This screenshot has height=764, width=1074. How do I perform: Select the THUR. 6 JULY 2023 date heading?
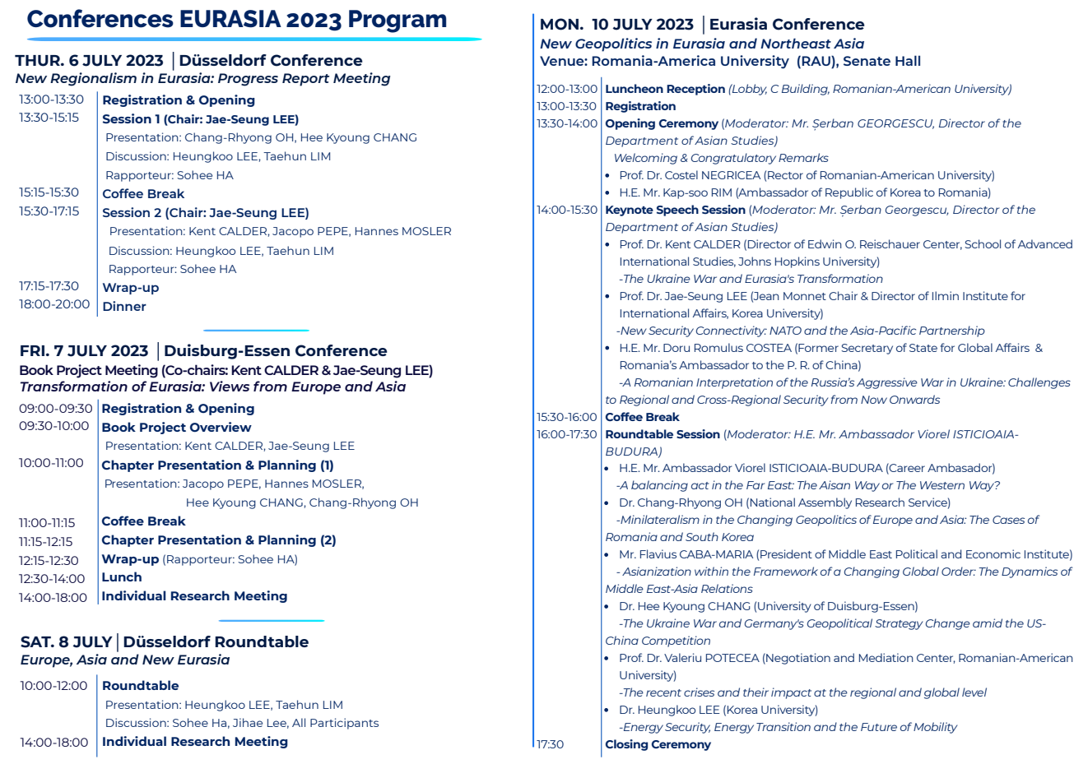(x=89, y=61)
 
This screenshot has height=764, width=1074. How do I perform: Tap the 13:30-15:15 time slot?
(x=49, y=118)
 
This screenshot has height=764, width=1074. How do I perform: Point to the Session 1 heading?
(x=132, y=119)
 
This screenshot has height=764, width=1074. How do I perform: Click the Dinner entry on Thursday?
(x=124, y=307)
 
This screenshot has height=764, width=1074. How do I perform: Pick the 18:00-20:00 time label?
(x=54, y=304)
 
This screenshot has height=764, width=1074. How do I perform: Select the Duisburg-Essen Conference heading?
(x=275, y=351)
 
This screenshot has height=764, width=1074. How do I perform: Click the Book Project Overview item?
(x=176, y=428)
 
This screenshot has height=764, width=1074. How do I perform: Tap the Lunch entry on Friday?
(x=122, y=577)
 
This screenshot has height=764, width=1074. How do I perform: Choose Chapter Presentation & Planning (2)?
(x=218, y=540)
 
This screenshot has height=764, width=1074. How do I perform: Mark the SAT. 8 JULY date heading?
(x=66, y=642)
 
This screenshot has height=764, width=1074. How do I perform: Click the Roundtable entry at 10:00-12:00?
(x=141, y=686)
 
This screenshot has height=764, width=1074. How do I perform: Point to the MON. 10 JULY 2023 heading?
(x=616, y=25)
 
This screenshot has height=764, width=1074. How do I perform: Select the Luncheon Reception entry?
(x=665, y=89)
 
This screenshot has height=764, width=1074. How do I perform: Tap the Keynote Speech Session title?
(x=675, y=210)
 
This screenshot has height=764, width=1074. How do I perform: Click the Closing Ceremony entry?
(x=658, y=744)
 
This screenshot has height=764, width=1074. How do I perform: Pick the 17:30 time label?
(x=551, y=744)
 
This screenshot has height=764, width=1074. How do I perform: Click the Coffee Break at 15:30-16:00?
(x=642, y=417)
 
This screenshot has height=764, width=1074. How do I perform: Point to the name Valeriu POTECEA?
(x=709, y=658)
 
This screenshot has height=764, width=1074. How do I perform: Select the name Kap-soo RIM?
(x=696, y=192)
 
